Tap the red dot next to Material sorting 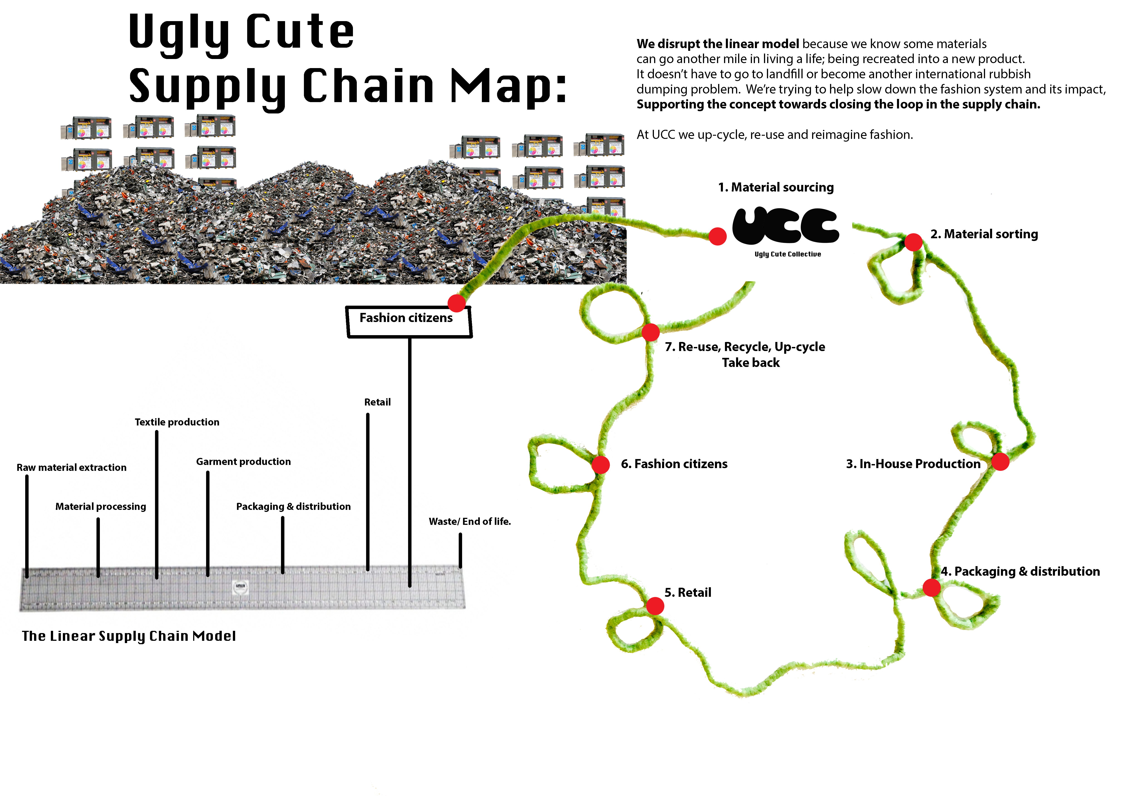pyautogui.click(x=913, y=242)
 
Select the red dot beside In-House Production pyautogui.click(x=1000, y=462)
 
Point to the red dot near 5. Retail pyautogui.click(x=655, y=606)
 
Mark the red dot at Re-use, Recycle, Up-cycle pyautogui.click(x=650, y=332)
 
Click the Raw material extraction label pyautogui.click(x=71, y=468)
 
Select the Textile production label pyautogui.click(x=177, y=422)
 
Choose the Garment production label pyautogui.click(x=243, y=462)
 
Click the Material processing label pyautogui.click(x=101, y=506)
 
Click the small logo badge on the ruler pyautogui.click(x=240, y=587)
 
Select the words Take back pyautogui.click(x=750, y=363)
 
